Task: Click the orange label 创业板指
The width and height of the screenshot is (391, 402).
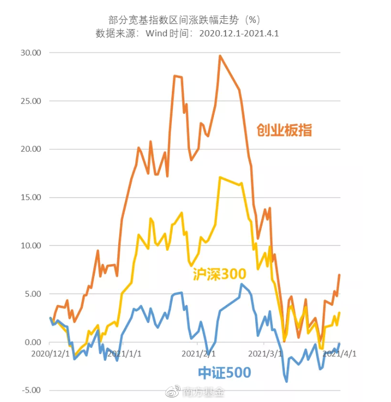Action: point(284,130)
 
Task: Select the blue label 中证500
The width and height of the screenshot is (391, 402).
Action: point(224,372)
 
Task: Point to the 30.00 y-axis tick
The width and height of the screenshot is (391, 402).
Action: point(30,53)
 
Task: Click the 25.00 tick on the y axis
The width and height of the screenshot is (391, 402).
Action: point(30,101)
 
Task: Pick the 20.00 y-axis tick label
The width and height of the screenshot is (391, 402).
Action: point(30,149)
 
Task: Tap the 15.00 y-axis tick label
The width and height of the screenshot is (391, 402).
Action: point(30,198)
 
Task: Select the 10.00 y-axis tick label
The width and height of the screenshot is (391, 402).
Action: point(30,245)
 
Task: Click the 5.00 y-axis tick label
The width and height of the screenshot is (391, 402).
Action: point(32,294)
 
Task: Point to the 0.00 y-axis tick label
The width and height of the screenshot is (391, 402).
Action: point(32,342)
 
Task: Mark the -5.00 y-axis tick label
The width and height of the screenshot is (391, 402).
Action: point(31,390)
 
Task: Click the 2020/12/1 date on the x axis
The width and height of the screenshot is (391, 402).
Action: point(51,354)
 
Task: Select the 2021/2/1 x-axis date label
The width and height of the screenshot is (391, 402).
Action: point(199,354)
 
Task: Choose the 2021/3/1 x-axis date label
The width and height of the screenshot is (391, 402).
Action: point(266,354)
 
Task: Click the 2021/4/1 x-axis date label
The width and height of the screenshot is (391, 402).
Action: point(339,354)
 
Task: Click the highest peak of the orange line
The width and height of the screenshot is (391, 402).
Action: point(220,56)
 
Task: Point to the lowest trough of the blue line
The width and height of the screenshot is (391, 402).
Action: point(286,382)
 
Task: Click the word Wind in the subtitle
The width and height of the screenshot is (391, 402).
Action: point(156,33)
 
